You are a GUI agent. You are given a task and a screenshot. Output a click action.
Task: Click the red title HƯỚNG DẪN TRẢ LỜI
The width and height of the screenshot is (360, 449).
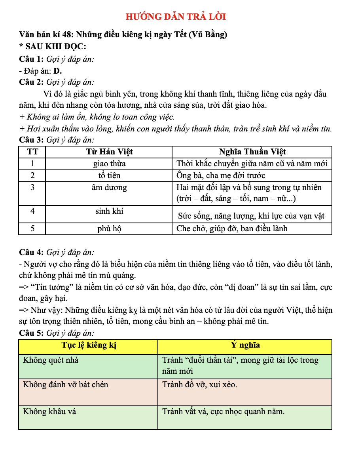pos(176,17)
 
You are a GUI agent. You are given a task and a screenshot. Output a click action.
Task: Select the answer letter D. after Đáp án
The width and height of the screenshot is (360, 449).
pos(58,71)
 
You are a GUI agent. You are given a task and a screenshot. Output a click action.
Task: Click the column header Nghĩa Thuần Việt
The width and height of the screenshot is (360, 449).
pos(252,152)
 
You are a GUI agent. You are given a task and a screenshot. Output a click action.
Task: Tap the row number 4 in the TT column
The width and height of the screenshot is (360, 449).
pos(32,211)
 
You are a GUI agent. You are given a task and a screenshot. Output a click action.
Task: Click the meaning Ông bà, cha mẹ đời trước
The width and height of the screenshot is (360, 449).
pos(221,175)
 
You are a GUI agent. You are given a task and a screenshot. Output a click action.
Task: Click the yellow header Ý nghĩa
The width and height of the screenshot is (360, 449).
pos(245,345)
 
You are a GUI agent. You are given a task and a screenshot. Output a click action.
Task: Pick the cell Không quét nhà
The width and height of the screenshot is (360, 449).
pos(51,360)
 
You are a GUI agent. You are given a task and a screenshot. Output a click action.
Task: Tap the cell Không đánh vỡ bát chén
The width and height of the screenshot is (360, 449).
pos(66,384)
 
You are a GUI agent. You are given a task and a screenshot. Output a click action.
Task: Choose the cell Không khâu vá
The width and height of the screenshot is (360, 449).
pos(49,411)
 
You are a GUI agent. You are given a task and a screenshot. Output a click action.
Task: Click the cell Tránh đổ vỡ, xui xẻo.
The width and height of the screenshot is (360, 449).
pos(200,384)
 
